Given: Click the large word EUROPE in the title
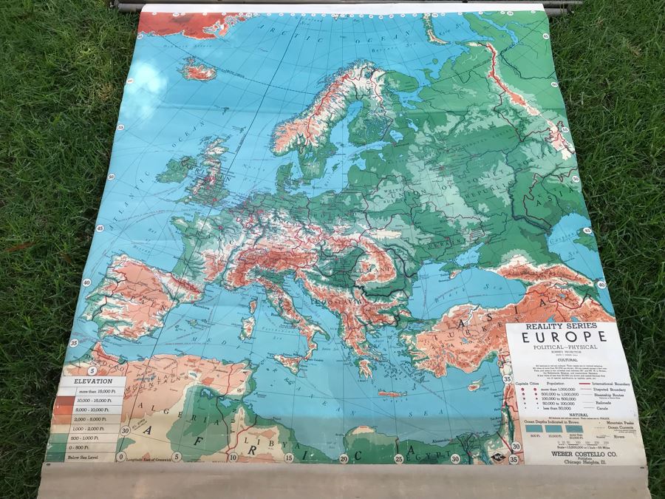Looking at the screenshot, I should click(565, 337).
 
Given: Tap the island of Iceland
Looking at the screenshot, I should click(197, 71).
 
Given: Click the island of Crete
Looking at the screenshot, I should click(392, 394).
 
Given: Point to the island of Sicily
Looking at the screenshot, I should click(292, 363).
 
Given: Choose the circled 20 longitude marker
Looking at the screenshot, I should click(344, 460).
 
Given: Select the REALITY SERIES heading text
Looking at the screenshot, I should click(565, 325).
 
